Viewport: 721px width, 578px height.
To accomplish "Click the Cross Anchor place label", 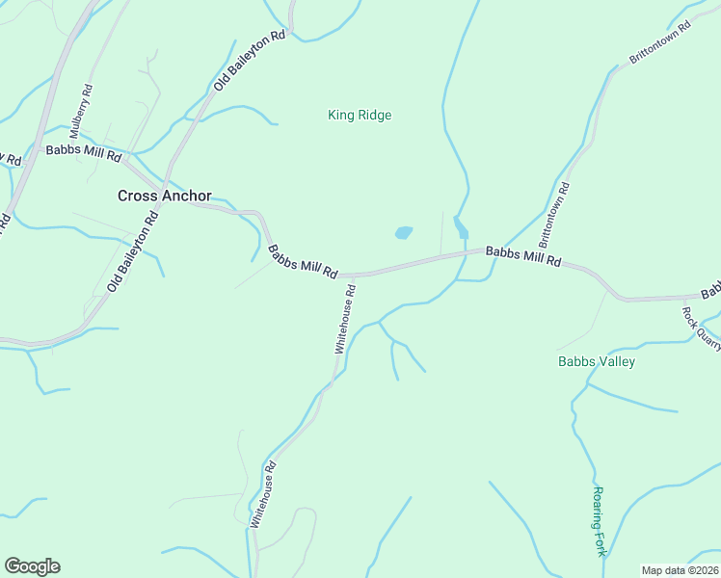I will click(164, 196).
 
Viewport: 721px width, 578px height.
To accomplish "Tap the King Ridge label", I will click(360, 116).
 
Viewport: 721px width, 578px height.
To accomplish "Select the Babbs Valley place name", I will click(597, 362).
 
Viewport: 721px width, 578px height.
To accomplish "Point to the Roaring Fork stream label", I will click(599, 521).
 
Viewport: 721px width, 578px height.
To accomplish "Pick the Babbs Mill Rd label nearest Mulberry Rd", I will click(83, 153).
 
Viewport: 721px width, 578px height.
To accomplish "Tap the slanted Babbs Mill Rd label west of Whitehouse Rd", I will click(302, 262).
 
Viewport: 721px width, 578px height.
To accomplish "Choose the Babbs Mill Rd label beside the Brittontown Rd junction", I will click(522, 255).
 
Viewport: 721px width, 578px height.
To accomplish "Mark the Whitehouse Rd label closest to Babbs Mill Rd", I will click(345, 319).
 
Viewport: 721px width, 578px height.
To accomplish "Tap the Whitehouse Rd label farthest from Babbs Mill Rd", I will click(263, 493).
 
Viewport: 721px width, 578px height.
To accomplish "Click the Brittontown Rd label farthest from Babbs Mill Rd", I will click(661, 44).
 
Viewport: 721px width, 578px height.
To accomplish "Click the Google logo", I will click(32, 566).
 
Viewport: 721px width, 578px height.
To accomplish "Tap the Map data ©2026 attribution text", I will click(680, 570).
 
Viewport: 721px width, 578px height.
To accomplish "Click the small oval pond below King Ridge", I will click(403, 233).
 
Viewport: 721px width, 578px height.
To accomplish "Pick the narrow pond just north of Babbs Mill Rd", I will click(461, 227).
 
